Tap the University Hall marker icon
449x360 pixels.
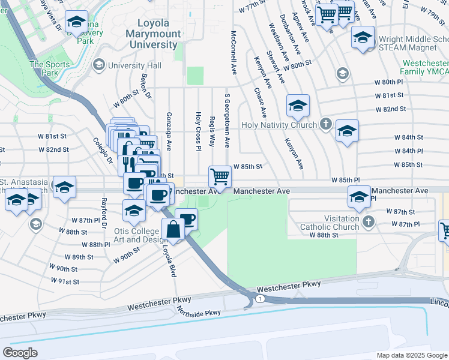[98, 65]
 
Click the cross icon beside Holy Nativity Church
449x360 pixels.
[326, 125]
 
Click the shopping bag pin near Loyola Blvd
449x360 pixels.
[173, 230]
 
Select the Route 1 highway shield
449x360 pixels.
[259, 299]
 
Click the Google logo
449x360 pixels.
[21, 352]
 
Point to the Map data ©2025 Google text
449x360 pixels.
[412, 355]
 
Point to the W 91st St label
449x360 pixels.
[64, 281]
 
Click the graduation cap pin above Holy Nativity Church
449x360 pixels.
[298, 107]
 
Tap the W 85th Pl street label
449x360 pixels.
[345, 180]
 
